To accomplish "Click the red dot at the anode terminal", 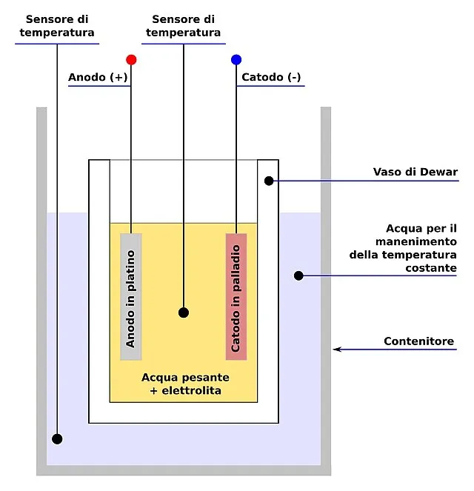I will pos(131,59).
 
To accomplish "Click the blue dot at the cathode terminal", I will pos(236,59).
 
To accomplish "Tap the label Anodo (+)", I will pos(96,77).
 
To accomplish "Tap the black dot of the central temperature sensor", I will pos(184,313).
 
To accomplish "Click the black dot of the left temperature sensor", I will pos(57,439).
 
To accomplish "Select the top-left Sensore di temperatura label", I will pos(57,26).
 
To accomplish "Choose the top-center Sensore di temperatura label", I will pos(183,26).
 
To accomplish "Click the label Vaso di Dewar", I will pos(415,173).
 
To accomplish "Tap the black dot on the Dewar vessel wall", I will pos(269,181).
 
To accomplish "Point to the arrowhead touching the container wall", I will pos(336,349).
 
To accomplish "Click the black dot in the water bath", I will pos(298,275).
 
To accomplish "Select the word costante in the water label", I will pos(431,268).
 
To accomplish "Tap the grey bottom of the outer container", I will pos(184,470).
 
